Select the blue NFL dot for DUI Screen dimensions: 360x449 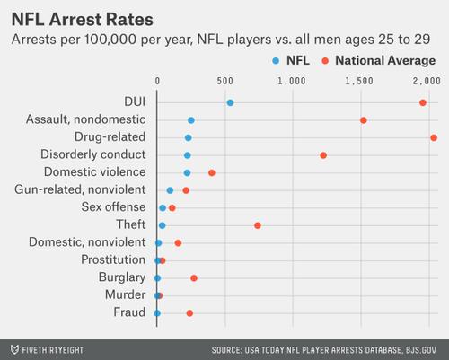point(230,102)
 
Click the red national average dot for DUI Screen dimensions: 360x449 point(423,102)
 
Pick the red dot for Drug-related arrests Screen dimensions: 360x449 point(434,137)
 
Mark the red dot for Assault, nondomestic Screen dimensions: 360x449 point(363,119)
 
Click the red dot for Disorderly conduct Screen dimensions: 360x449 point(323,155)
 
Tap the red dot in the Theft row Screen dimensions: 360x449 point(258,225)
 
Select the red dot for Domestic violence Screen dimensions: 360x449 point(212,172)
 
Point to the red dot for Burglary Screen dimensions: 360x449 point(194,278)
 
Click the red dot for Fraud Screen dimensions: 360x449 point(189,313)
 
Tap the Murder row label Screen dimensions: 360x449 point(125,295)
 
